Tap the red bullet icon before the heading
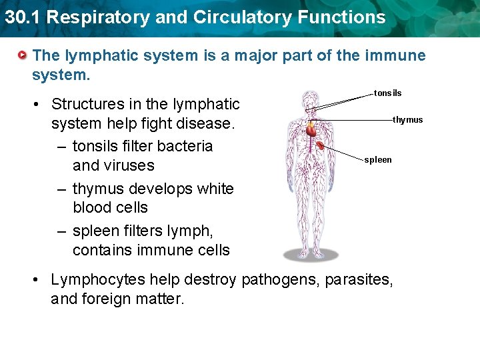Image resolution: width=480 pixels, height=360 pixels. (23, 55)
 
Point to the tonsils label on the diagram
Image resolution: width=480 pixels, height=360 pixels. (387, 93)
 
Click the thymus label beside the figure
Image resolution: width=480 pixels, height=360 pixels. (407, 120)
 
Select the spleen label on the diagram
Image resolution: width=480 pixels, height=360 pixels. (378, 160)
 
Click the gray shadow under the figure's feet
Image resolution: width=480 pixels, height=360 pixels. (311, 254)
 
